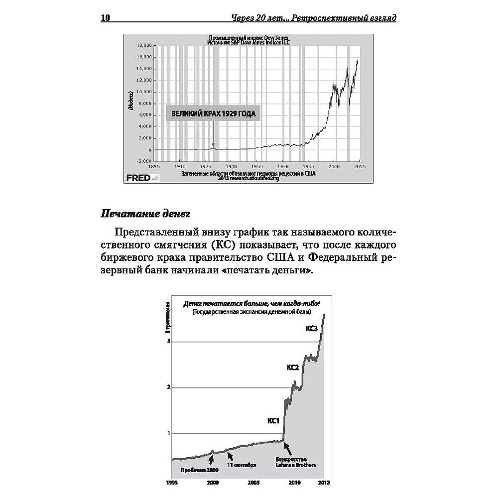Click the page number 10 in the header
click(105, 18)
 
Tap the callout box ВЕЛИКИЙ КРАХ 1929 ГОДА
click(213, 114)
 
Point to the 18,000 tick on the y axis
click(144, 45)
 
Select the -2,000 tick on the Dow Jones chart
click(143, 161)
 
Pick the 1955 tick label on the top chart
click(256, 166)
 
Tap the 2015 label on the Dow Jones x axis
click(360, 166)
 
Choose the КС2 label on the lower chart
click(292, 368)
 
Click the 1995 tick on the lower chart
click(172, 483)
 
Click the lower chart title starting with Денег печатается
click(251, 303)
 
